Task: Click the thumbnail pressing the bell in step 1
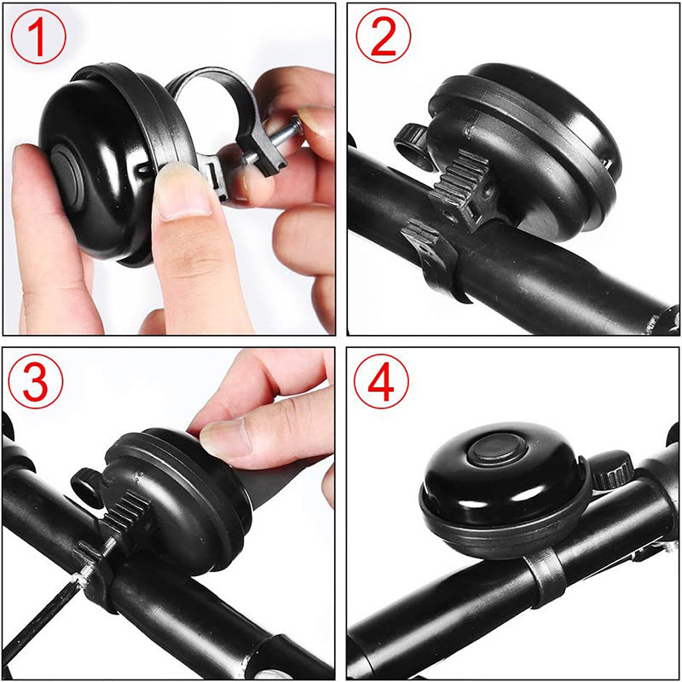pyautogui.click(x=182, y=192)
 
